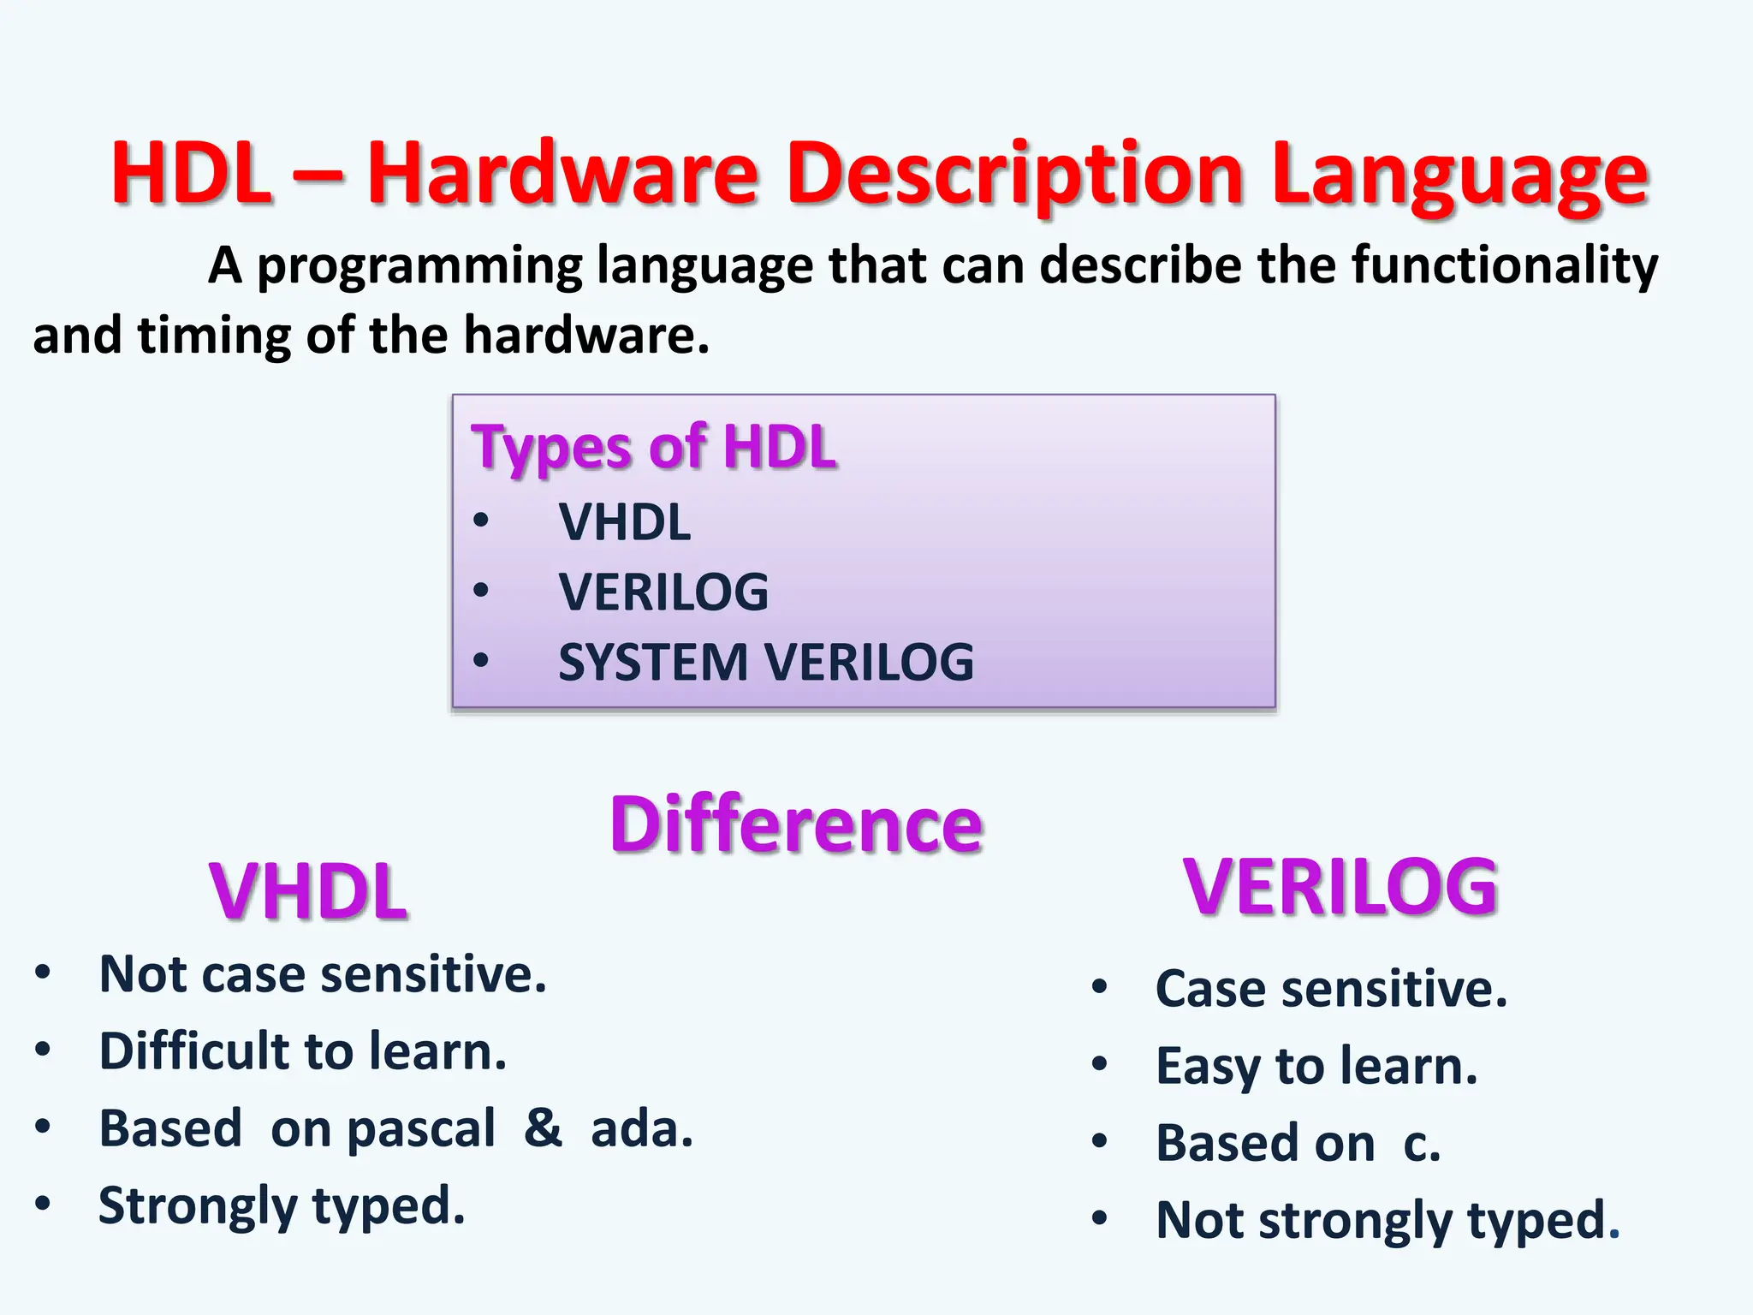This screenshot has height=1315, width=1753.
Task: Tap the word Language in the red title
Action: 1459,176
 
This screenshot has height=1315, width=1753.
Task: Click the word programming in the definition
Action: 419,266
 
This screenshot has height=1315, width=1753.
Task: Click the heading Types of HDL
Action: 653,447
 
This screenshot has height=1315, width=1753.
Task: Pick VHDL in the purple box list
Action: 624,522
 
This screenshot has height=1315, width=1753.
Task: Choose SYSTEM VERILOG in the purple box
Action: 765,662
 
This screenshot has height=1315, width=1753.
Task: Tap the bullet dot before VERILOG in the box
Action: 481,591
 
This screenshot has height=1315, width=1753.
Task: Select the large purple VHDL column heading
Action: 308,891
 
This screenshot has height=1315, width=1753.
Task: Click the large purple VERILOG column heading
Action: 1340,887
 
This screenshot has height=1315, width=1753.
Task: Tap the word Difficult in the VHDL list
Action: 194,1051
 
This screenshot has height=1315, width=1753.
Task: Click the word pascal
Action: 420,1129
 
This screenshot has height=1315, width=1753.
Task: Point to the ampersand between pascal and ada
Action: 543,1128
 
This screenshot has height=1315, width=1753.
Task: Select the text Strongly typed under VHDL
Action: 282,1206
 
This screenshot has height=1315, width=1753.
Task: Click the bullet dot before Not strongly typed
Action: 1100,1218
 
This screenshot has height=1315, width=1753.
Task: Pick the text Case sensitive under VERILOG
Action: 1330,990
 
